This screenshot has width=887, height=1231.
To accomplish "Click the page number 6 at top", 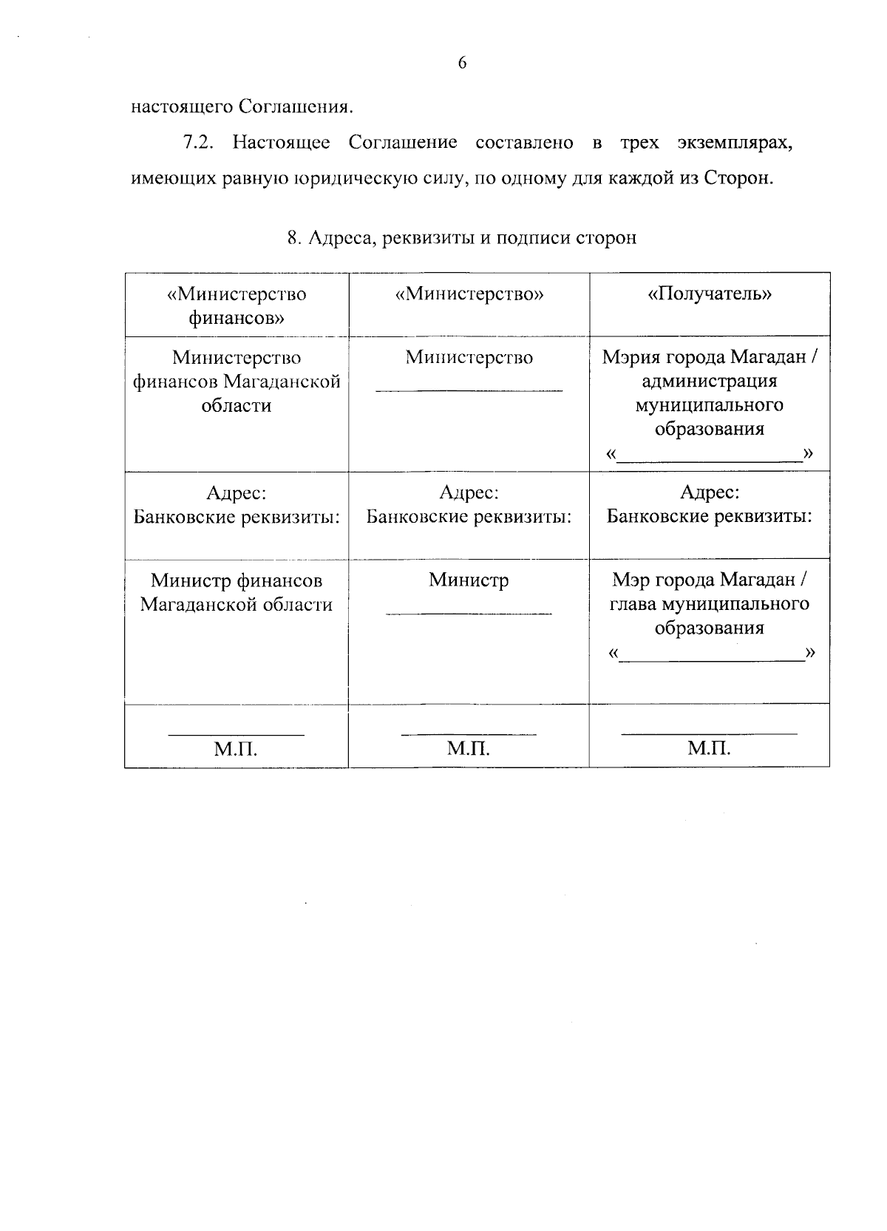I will point(462,64).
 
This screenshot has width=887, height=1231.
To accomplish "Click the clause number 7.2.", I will point(198,143).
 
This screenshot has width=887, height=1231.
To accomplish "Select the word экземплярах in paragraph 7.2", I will point(735,143).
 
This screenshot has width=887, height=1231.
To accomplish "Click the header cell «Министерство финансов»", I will point(237,305).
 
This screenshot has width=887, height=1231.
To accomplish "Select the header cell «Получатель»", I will point(709,294).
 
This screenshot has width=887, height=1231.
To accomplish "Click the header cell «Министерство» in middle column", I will point(469,294).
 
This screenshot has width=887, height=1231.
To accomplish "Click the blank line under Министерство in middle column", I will point(469,390).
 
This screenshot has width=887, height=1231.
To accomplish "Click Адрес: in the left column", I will point(237,492).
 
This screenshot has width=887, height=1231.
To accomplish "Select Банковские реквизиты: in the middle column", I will point(469,517).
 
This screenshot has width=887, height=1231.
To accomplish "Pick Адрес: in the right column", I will point(709,492).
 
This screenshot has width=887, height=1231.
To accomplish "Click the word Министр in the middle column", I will point(469,580).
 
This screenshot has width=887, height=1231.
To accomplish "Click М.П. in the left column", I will point(236,750).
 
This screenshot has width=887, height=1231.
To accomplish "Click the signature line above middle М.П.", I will point(469,734).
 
